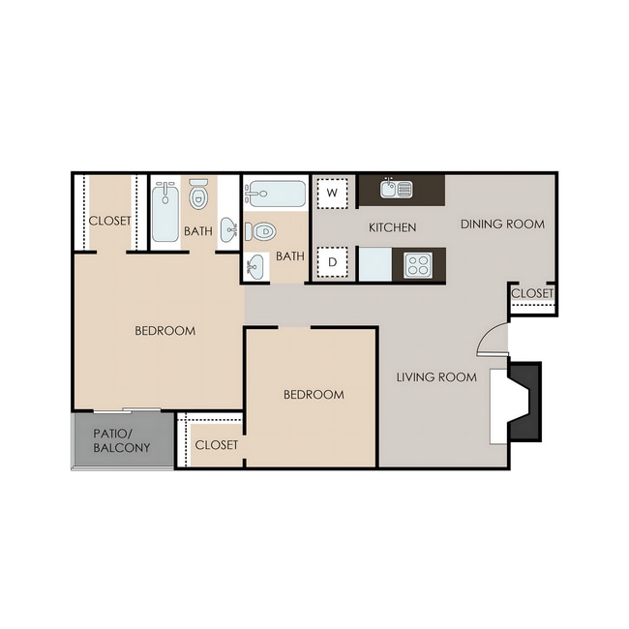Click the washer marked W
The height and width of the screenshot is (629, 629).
tap(333, 193)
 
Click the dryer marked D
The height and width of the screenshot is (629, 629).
tap(333, 262)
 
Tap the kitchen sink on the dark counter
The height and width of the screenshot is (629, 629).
tap(396, 189)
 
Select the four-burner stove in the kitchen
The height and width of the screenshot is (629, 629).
tap(418, 264)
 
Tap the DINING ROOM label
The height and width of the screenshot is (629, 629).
tap(502, 225)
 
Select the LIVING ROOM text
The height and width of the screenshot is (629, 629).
tap(436, 377)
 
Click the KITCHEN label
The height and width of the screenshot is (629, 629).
tap(393, 228)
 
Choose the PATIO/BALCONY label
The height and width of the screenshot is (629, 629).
tap(122, 441)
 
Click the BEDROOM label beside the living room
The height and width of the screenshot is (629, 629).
tap(314, 395)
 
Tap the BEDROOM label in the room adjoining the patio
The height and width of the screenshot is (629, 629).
tap(165, 331)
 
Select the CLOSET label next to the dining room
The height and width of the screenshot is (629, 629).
tap(532, 293)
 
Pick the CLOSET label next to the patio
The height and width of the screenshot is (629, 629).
tap(217, 445)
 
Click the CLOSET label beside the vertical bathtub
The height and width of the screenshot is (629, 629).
tap(109, 221)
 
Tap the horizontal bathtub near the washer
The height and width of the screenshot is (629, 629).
tap(275, 195)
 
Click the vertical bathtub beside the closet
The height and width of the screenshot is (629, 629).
tap(165, 212)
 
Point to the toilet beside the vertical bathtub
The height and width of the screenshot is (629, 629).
tap(199, 196)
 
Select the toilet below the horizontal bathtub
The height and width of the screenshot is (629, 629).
tap(261, 232)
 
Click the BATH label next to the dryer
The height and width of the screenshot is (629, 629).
tap(289, 256)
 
